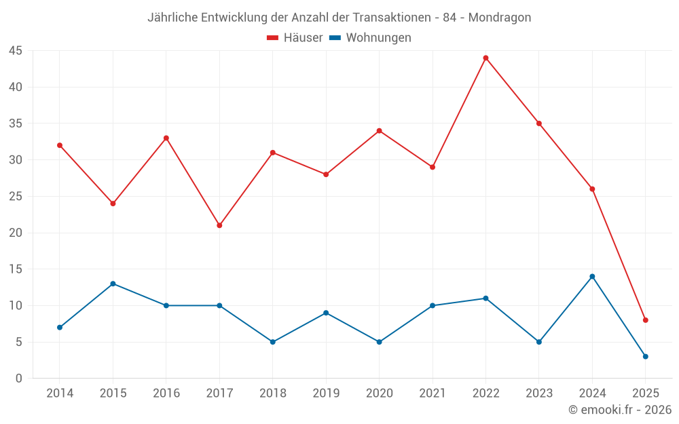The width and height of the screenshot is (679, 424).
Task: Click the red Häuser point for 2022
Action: coord(485,58)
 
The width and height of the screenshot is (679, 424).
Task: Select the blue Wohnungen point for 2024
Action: coord(592,276)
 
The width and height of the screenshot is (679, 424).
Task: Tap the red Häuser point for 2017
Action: coord(219,225)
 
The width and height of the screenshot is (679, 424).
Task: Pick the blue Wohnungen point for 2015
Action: coord(113,284)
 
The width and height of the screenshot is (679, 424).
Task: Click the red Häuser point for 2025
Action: coord(646,320)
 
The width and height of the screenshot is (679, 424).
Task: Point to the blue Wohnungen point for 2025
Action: coord(646,356)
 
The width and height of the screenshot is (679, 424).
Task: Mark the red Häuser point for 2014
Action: coord(60,145)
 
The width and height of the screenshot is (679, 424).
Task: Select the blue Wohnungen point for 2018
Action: coord(272,342)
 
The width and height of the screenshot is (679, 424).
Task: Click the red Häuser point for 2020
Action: coord(379,131)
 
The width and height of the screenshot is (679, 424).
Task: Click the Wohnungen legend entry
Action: coord(378,38)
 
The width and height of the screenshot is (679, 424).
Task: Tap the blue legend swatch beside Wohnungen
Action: coord(335,38)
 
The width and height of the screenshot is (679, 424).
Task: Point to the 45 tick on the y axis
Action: coord(16,51)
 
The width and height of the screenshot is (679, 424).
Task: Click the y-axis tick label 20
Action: coord(16,233)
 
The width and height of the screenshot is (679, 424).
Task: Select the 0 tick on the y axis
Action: coord(19,378)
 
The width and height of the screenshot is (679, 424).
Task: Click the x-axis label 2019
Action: coord(326,393)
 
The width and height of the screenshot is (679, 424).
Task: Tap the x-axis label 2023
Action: coord(539,393)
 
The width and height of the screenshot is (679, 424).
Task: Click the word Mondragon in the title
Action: coord(499,17)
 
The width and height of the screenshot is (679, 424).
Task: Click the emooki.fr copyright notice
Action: coord(620,410)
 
